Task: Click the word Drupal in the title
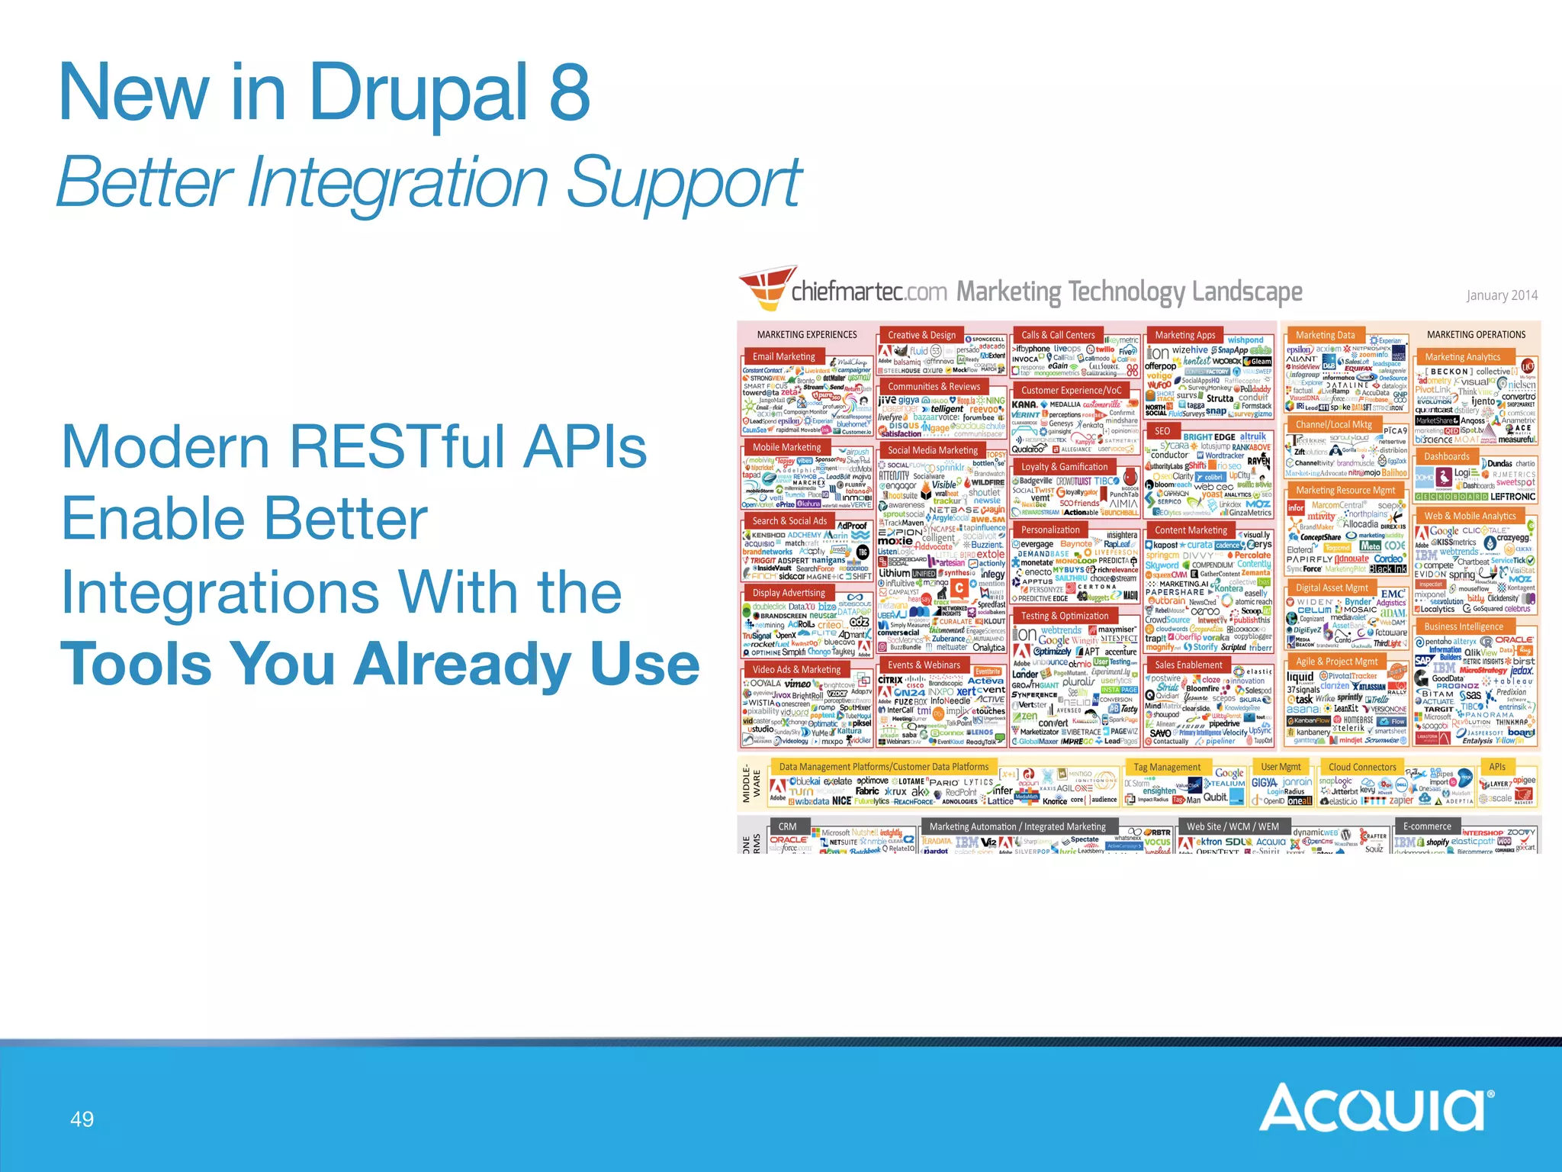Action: tap(418, 93)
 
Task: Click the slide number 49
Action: tap(82, 1119)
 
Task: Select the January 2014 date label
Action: tap(1501, 295)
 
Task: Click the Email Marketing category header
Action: tap(783, 356)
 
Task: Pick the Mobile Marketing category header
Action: tap(786, 447)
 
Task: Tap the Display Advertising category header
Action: tap(789, 593)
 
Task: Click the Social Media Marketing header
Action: tap(932, 450)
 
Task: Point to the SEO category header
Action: tap(1162, 431)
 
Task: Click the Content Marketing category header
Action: tap(1191, 530)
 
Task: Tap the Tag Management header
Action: tap(1167, 767)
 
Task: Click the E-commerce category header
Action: tap(1427, 826)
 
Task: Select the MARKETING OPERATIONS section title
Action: tap(1476, 334)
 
